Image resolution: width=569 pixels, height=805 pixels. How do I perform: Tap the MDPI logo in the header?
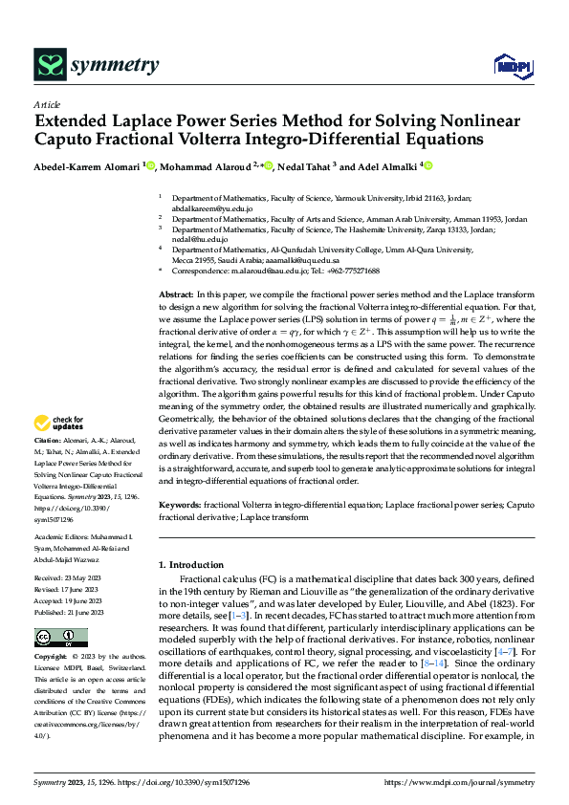509,65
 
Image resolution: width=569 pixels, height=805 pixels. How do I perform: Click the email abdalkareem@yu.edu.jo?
212,207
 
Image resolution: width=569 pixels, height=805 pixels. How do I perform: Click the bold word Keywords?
180,503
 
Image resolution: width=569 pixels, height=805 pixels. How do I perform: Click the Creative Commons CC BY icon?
61,637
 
